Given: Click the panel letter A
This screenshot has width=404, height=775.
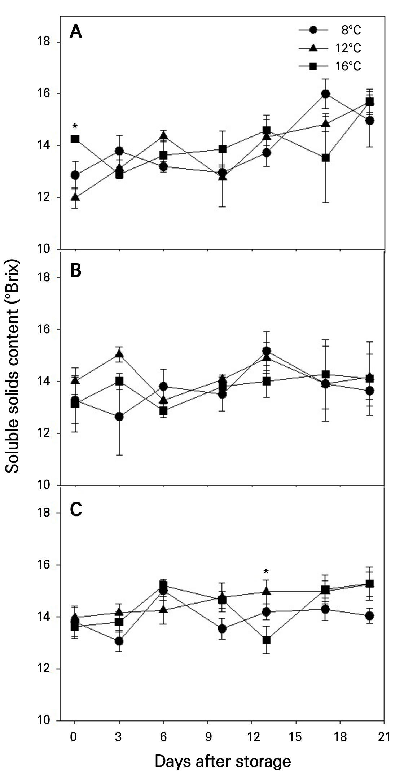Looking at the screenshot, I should tap(76, 32).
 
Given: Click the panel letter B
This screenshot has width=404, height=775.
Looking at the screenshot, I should tap(76, 270).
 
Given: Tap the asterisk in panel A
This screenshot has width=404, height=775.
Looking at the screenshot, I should tap(75, 127).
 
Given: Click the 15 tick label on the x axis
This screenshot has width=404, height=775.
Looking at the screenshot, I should tap(296, 735).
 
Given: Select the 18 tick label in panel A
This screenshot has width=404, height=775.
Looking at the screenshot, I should tap(44, 42).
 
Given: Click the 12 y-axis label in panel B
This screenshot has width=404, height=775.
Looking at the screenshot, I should tap(44, 433).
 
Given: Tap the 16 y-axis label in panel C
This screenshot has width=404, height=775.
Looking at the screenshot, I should tap(44, 565).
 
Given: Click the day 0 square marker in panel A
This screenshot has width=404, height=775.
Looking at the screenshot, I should tap(75, 139).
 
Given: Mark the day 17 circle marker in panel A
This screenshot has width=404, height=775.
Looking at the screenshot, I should tap(325, 94).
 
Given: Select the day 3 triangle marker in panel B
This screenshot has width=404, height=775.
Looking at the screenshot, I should tap(119, 354).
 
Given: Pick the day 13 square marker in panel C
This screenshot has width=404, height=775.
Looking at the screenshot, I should tap(267, 640).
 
